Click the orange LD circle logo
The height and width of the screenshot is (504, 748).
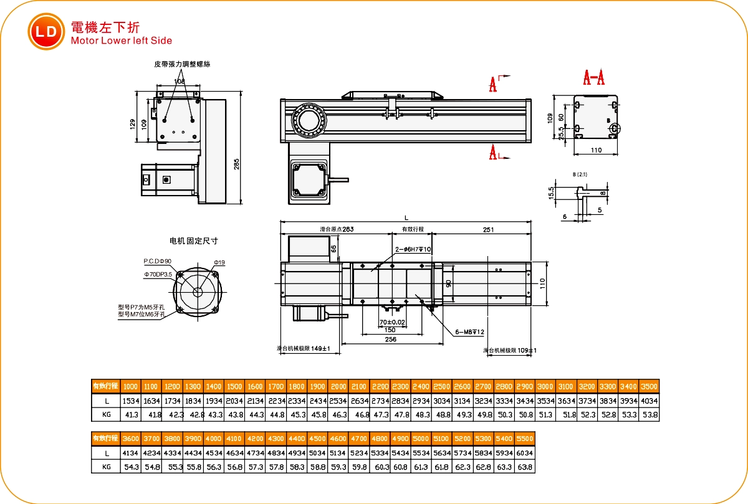coord(46,31)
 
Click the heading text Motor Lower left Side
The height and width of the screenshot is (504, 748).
coord(122,41)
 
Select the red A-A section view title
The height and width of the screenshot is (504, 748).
coord(593,78)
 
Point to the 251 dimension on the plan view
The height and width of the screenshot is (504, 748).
coord(488,230)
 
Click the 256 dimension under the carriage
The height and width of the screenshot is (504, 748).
coord(391,339)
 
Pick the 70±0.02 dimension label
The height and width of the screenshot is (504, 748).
coord(391,322)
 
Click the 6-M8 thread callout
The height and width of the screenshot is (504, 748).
coord(470,332)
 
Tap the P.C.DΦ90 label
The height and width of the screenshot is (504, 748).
coord(158,261)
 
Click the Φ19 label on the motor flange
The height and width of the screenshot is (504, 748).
coord(219,262)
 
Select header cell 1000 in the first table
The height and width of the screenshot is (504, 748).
coord(131,386)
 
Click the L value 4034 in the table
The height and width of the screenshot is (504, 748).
coord(648,401)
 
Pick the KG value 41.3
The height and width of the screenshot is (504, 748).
coord(131,414)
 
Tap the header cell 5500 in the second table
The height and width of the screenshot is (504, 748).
coord(525,439)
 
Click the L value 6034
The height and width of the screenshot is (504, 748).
coord(525,453)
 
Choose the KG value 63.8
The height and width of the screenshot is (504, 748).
coord(525,467)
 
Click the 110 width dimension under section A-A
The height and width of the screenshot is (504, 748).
coord(595,150)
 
